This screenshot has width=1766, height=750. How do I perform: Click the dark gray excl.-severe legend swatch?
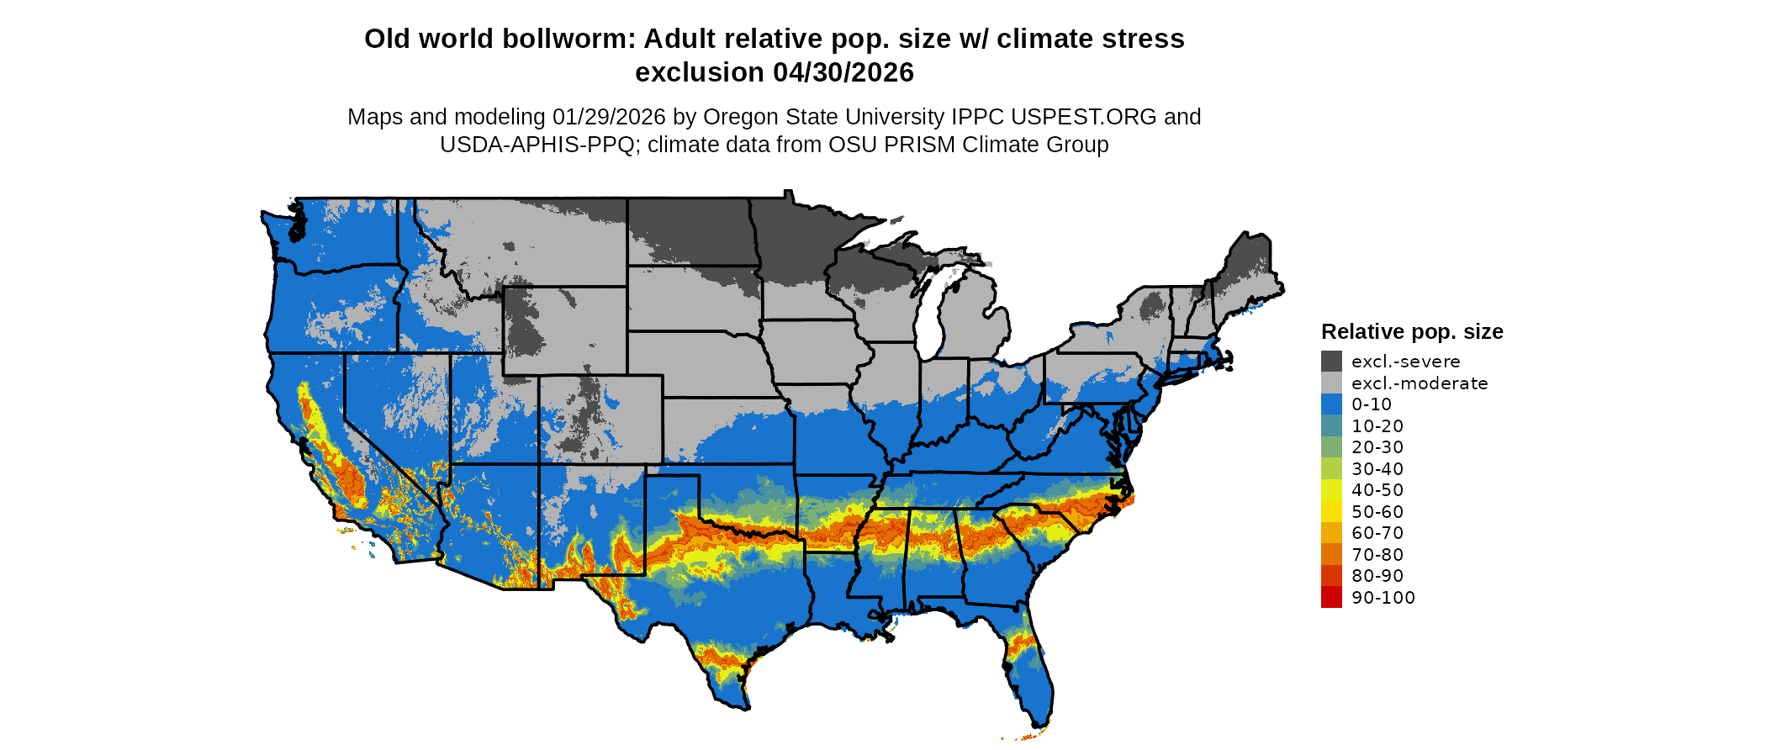coord(1331,362)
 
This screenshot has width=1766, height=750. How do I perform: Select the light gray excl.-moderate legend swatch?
coord(1331,383)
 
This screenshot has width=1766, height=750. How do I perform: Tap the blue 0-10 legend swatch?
coord(1331,404)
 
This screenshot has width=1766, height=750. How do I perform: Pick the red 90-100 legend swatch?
coord(1331,598)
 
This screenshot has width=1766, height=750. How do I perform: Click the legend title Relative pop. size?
coord(1412,332)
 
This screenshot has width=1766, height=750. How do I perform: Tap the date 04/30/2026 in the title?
coord(843,73)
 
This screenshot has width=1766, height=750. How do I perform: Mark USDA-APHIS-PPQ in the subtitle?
coord(537,145)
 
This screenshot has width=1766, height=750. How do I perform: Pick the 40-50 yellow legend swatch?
coord(1331,490)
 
